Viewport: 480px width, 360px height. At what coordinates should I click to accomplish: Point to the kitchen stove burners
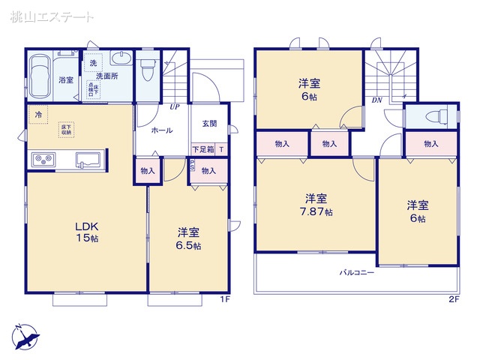coord(41,159)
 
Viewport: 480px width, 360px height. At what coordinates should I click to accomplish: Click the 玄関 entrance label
coord(209,124)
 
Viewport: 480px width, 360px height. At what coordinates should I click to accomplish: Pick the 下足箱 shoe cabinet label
coord(203,150)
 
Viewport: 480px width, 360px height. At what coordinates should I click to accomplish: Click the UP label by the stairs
coord(174,107)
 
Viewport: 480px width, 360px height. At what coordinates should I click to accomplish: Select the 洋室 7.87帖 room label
coord(316,204)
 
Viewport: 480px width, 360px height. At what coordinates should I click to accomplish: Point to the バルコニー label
coord(356,273)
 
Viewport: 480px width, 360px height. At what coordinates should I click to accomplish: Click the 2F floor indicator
coord(453,300)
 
